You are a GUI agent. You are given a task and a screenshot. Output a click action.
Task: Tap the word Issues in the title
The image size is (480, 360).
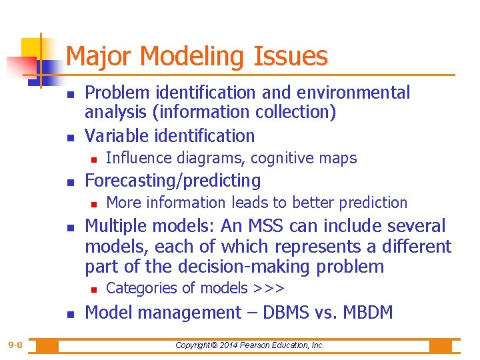point(292,57)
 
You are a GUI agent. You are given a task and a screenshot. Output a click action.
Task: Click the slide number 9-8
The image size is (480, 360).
point(15,345)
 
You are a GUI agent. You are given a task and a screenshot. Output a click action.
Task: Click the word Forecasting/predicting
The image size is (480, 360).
point(173,181)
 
